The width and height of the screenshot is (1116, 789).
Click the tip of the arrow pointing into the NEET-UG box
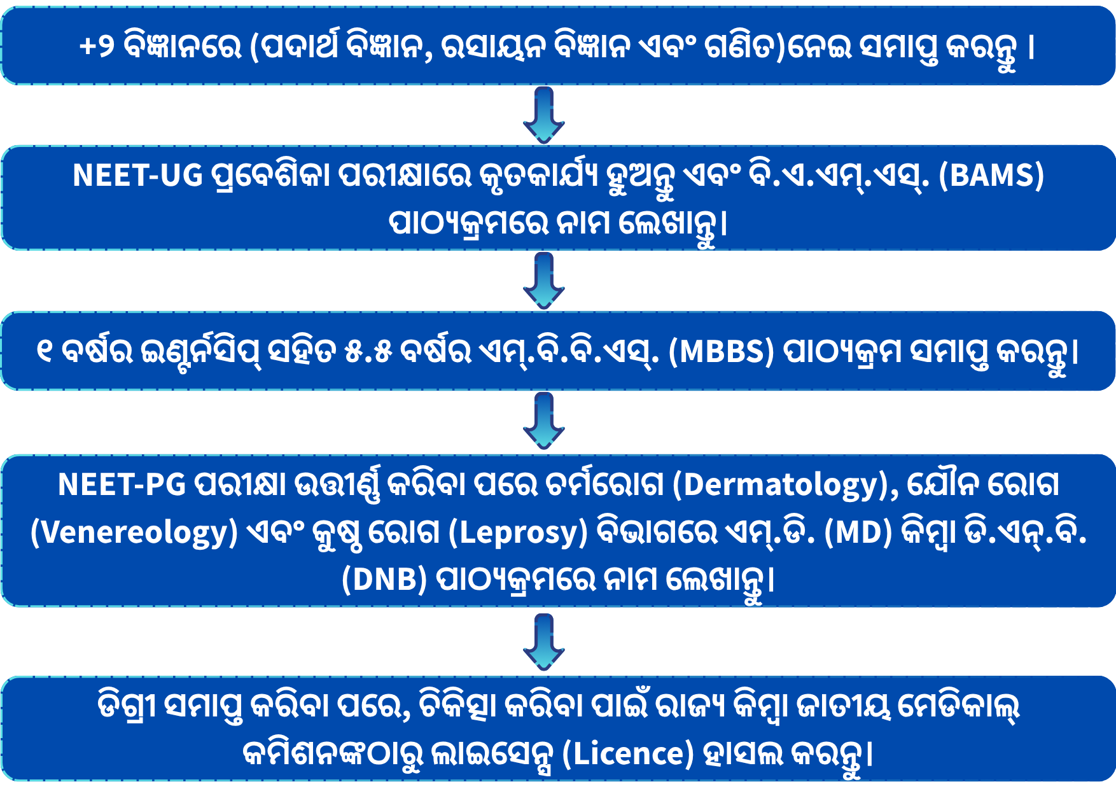coord(544,143)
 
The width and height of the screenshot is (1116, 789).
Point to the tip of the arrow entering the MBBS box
coord(544,309)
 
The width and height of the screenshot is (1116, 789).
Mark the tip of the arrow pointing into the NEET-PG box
coord(544,449)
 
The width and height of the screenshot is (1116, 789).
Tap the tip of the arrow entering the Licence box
coord(544,670)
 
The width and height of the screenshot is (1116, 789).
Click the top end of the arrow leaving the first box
coord(544,88)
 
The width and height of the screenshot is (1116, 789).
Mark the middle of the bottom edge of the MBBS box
coord(558,389)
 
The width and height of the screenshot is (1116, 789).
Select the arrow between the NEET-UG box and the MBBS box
coord(544,281)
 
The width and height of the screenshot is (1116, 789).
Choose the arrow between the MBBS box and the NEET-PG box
coord(544,421)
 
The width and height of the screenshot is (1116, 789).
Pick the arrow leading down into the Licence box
coord(544,642)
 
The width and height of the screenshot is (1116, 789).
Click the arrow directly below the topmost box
coord(544,115)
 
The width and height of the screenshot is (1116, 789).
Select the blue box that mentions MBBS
coord(558,351)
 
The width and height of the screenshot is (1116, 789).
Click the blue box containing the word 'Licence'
coord(558,729)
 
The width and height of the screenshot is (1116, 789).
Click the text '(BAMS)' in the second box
coord(992,176)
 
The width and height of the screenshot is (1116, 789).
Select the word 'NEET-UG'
coord(137,176)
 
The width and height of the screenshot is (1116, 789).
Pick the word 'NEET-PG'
coord(122,485)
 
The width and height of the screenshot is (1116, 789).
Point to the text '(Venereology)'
coord(134,533)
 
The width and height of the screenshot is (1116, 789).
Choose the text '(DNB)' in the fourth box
coord(384,580)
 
